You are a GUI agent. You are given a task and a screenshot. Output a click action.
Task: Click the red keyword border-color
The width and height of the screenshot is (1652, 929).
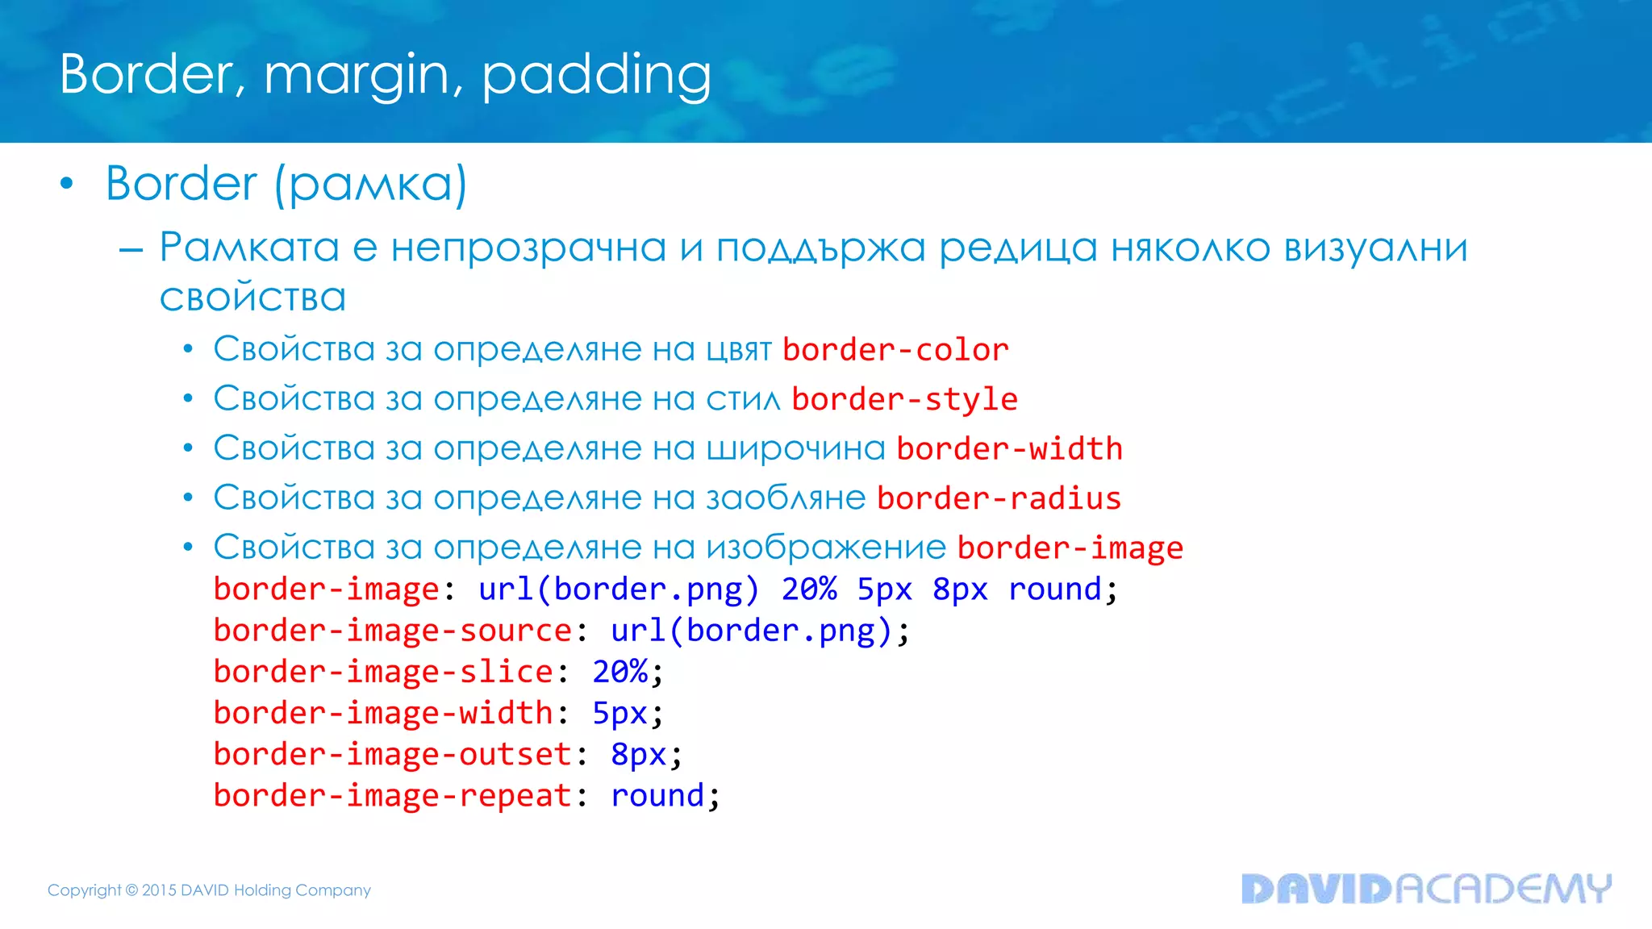895,350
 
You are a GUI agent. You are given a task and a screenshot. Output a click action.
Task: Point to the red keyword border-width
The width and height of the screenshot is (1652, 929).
1009,449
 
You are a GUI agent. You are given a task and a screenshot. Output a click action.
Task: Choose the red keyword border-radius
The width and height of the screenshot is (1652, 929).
999,498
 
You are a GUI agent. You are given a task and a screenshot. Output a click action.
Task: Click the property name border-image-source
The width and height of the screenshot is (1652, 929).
393,631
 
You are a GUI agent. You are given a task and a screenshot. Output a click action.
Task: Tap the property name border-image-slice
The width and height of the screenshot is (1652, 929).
383,672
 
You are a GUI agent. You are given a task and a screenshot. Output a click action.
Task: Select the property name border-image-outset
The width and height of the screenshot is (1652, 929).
393,755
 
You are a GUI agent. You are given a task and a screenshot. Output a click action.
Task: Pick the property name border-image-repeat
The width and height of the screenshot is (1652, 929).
393,796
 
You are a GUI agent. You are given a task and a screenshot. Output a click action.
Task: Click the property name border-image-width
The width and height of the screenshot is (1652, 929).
383,713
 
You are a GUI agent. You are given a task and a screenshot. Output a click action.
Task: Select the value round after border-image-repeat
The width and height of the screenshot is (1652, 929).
657,796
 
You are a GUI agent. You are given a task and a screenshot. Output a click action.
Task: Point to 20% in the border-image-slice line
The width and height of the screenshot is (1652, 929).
619,672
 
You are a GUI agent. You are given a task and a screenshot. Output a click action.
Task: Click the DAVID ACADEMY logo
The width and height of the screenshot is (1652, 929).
1425,889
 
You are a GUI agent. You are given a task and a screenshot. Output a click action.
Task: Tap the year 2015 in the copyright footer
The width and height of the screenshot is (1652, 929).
159,890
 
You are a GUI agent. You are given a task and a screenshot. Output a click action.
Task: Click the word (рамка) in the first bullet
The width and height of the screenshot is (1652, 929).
370,185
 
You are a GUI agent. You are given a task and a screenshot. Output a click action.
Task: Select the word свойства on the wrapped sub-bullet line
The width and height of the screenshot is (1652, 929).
252,298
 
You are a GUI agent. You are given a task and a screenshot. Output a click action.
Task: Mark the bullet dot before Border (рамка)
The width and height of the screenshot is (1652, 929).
67,184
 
